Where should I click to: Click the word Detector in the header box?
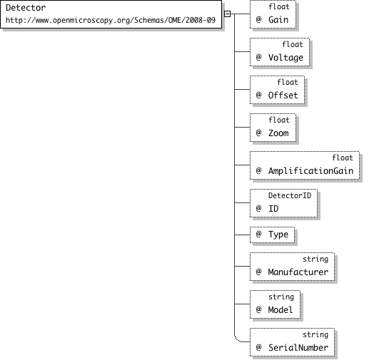(x=26, y=8)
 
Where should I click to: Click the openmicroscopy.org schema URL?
(x=111, y=20)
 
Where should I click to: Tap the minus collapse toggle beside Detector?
(x=227, y=14)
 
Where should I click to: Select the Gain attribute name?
(x=278, y=19)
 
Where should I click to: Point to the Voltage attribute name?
(x=286, y=58)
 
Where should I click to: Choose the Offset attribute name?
(x=283, y=95)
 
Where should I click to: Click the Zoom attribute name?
(x=278, y=133)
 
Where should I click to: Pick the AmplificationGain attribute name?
(x=310, y=170)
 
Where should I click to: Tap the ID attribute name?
(x=273, y=209)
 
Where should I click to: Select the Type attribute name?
(x=278, y=235)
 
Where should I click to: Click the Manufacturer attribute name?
(x=298, y=272)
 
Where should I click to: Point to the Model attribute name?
(x=281, y=309)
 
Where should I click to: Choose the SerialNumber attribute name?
(x=298, y=348)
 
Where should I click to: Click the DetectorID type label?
(x=290, y=195)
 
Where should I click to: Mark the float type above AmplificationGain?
(x=343, y=158)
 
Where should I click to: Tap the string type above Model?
(x=281, y=297)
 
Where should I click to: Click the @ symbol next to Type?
(x=259, y=234)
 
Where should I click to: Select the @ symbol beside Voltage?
(x=259, y=57)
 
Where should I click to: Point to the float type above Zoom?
(x=279, y=120)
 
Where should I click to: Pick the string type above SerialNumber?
(x=315, y=335)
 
